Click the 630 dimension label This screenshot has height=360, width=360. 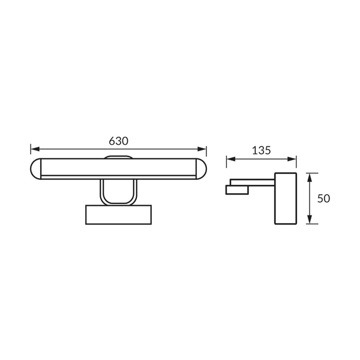point(118,141)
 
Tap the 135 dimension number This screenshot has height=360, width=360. point(261,151)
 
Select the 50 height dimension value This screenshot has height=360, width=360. point(323,199)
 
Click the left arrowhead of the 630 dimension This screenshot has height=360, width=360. point(35,149)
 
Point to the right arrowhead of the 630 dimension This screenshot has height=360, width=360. point(202,149)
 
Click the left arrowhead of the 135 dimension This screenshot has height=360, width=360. point(231,159)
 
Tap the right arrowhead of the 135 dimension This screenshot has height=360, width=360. point(292,159)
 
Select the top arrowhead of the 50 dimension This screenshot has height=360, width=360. point(310,178)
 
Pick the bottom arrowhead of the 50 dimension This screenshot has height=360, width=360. point(310,219)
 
